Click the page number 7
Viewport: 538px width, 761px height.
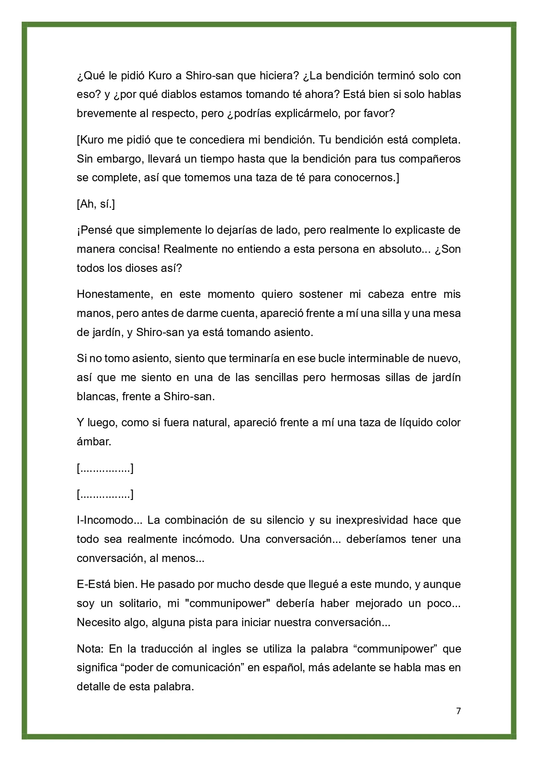click(x=459, y=711)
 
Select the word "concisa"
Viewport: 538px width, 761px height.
click(x=138, y=249)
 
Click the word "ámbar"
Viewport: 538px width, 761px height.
click(x=93, y=442)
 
